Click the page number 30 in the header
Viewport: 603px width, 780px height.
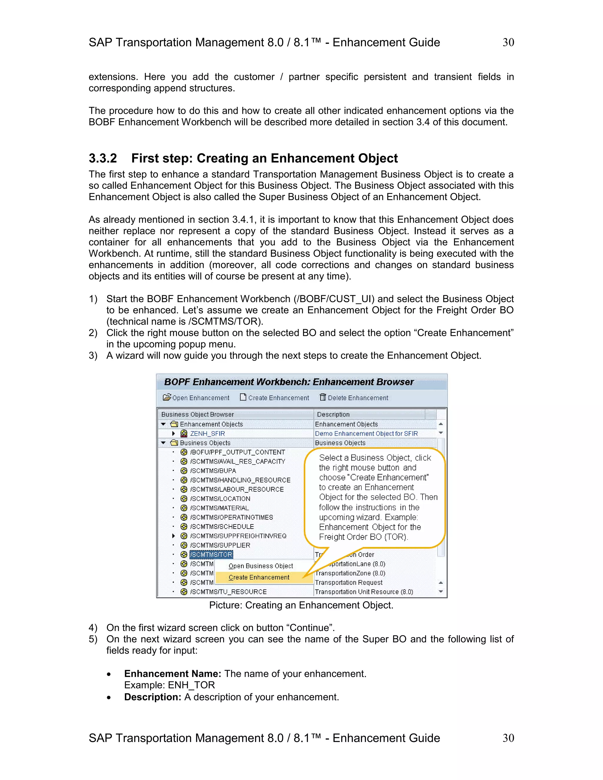[x=508, y=42]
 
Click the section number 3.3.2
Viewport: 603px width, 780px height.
[x=103, y=158]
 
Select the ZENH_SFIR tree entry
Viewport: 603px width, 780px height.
[x=207, y=434]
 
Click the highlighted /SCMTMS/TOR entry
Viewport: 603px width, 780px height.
[x=211, y=554]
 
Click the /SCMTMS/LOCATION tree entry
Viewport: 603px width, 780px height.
[x=220, y=499]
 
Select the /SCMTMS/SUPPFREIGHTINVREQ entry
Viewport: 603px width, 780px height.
[x=238, y=536]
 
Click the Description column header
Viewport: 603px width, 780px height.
[x=333, y=414]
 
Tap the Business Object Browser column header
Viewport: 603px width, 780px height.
[x=198, y=414]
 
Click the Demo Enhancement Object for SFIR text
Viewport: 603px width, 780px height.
[x=366, y=434]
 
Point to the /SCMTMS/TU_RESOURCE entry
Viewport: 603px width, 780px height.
[x=228, y=592]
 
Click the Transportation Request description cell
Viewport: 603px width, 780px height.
[x=348, y=582]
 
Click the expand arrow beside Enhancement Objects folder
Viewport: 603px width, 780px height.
[x=163, y=424]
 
